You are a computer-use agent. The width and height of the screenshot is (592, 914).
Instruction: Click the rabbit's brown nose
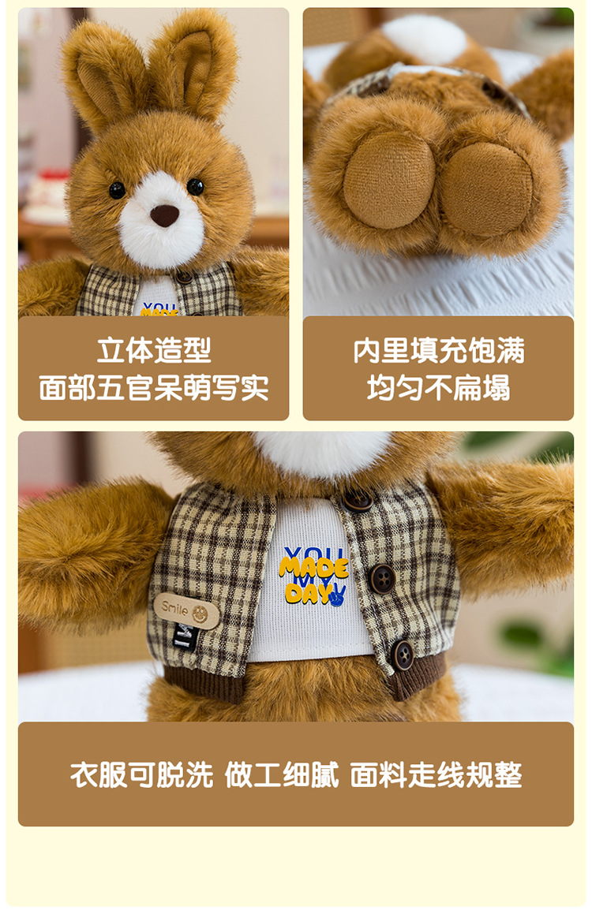164,215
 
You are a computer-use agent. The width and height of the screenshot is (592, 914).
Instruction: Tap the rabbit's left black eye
117,190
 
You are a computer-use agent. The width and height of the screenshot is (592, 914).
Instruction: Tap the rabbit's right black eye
196,187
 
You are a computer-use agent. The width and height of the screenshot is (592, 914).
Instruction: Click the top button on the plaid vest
357,500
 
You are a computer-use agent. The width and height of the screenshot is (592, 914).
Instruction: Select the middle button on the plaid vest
383,579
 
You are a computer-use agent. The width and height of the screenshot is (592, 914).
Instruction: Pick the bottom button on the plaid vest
403,655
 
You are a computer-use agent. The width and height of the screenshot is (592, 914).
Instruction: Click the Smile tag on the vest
186,611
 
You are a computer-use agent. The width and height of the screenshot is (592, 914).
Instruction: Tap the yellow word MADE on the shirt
314,567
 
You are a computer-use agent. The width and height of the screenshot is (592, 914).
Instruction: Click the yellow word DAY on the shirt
305,593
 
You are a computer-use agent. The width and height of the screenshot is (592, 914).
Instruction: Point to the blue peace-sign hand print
338,595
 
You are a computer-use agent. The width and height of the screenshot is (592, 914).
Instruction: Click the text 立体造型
154,350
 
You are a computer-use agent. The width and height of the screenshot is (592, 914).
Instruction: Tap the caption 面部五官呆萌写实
154,388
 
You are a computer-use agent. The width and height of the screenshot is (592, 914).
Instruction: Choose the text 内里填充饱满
439,350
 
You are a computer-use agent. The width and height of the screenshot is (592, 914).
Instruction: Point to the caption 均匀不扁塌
439,388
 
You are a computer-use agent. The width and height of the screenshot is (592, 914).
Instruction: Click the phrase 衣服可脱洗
142,774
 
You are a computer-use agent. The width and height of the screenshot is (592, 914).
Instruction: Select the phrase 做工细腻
282,774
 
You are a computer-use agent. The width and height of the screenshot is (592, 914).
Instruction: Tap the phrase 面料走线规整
437,774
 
